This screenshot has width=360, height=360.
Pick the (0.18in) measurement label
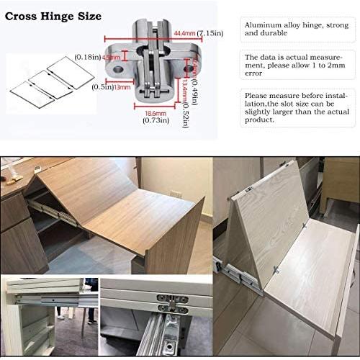(x=86, y=56)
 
